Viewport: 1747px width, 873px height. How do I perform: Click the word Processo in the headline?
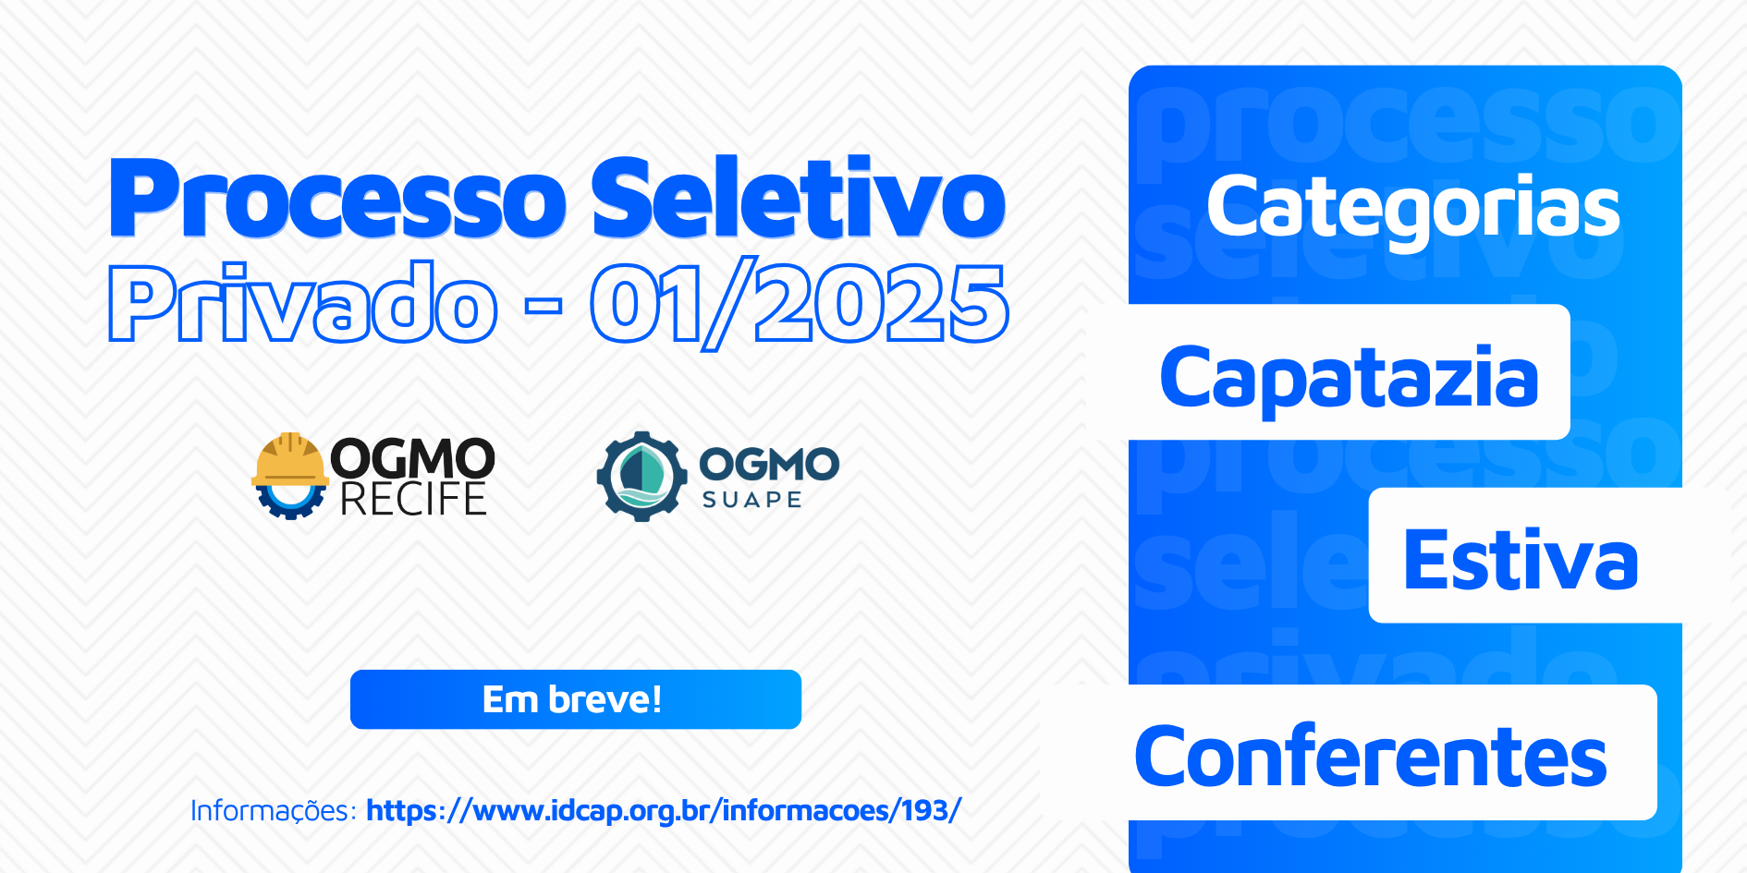click(x=337, y=198)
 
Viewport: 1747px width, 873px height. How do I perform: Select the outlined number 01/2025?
click(x=800, y=304)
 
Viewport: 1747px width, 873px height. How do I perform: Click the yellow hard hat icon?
click(x=289, y=459)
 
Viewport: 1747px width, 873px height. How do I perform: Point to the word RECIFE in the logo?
click(x=413, y=499)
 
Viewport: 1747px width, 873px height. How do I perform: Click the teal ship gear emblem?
click(x=641, y=476)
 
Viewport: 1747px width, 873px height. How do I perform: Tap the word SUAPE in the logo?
click(x=751, y=500)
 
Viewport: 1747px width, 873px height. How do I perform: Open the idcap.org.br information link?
click(x=664, y=810)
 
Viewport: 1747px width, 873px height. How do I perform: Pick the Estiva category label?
click(x=1521, y=559)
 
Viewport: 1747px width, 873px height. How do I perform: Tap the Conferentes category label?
click(x=1371, y=756)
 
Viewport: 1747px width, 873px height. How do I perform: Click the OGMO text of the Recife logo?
click(x=412, y=459)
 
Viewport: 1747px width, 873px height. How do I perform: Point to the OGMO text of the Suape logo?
click(x=769, y=464)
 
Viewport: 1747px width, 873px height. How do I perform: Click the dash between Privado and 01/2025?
click(x=544, y=305)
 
